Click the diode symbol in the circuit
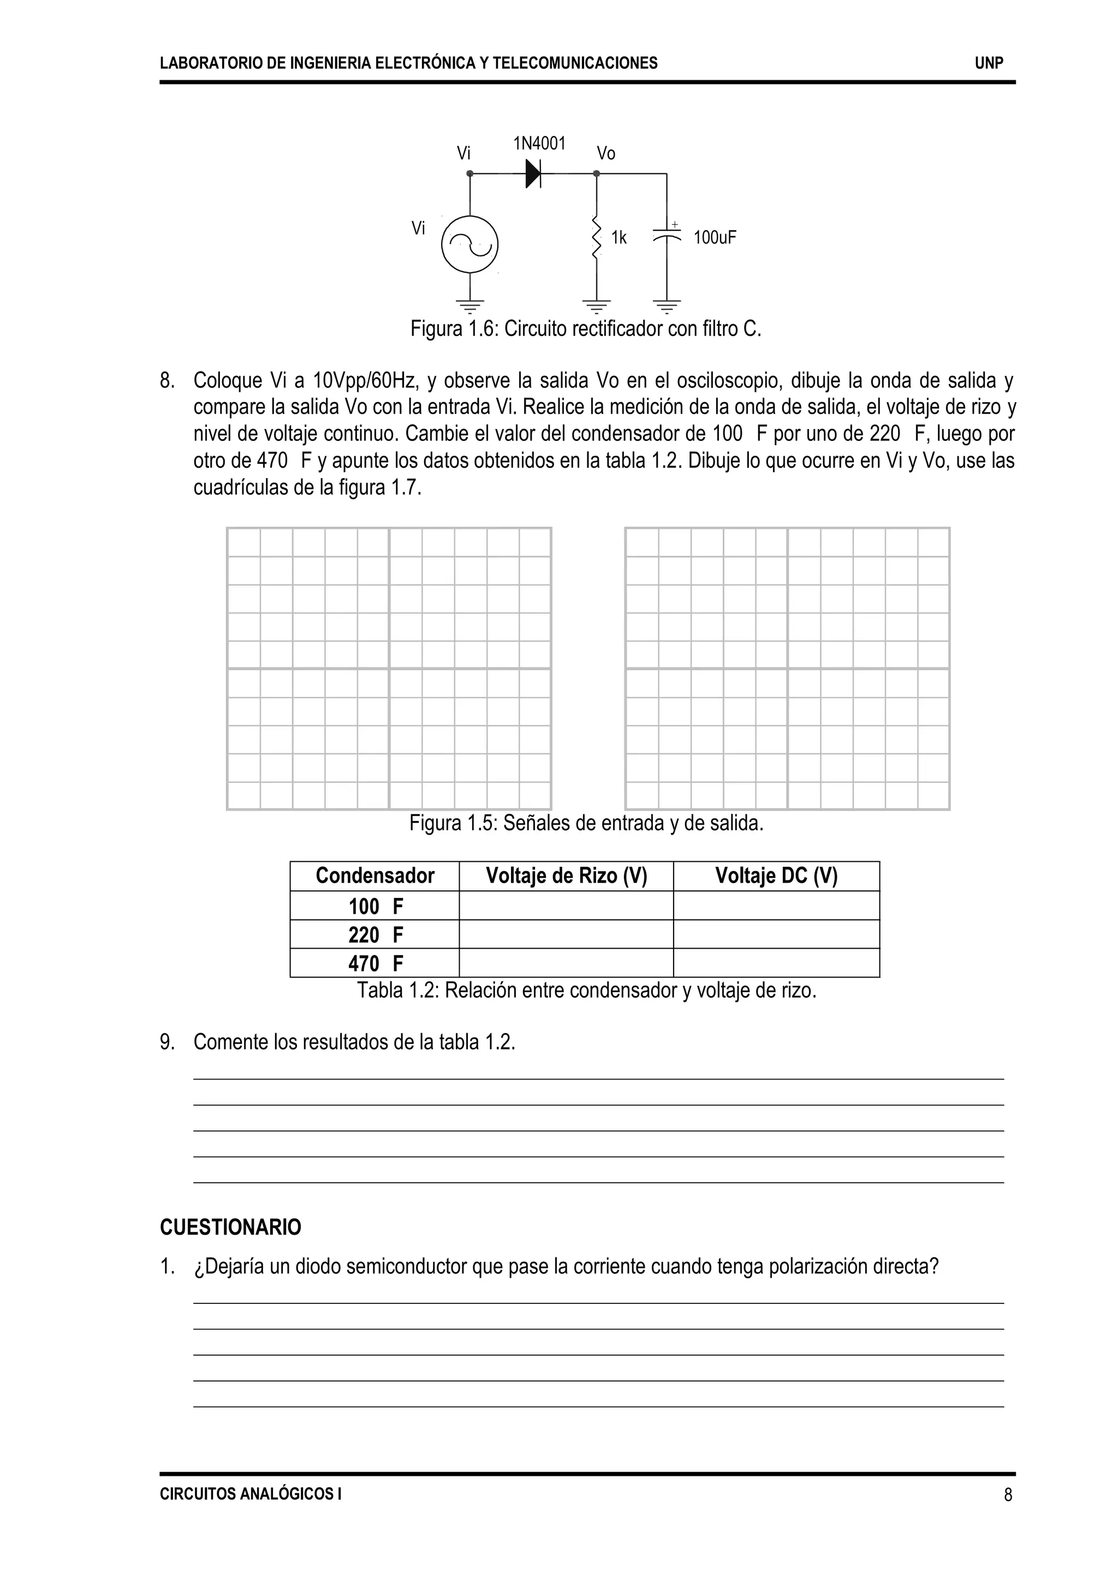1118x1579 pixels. [x=533, y=174]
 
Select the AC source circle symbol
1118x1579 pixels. [x=469, y=245]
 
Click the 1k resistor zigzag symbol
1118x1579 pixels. [x=596, y=237]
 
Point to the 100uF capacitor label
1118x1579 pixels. [x=715, y=238]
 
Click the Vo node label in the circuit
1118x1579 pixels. [x=606, y=153]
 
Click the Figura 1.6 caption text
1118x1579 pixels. [x=586, y=329]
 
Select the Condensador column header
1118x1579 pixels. [x=374, y=875]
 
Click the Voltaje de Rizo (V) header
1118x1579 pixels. [x=566, y=875]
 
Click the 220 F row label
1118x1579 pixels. [x=374, y=935]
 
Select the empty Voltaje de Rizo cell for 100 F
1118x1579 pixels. [x=566, y=906]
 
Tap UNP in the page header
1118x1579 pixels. [x=989, y=63]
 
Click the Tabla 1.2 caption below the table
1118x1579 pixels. [x=586, y=991]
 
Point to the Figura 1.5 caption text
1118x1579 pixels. [x=586, y=823]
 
